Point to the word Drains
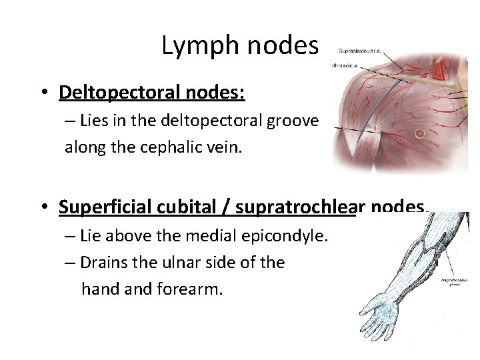coord(102,263)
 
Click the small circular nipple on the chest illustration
coord(420,133)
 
